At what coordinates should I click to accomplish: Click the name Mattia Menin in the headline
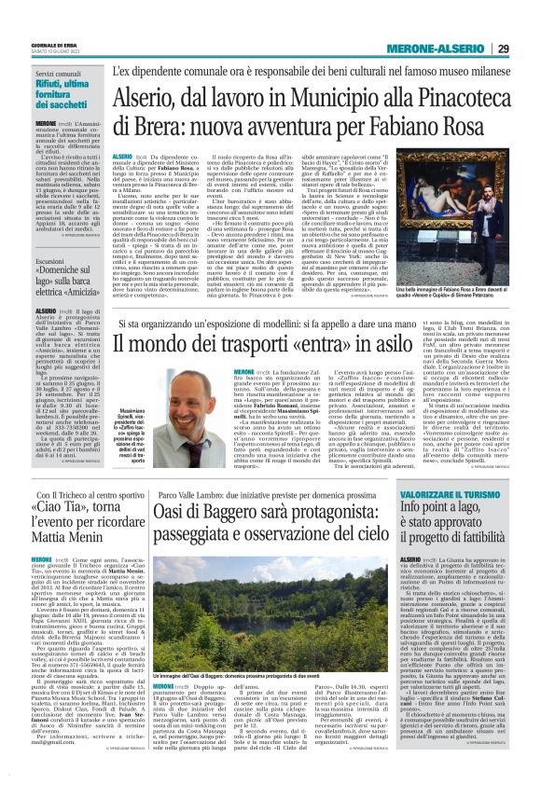pos(69,538)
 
